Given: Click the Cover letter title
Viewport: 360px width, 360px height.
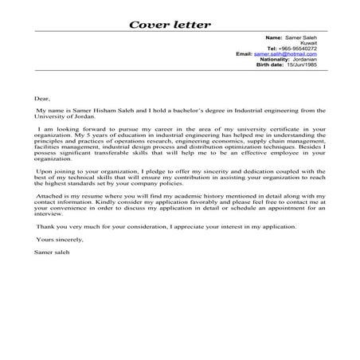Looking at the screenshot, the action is pos(170,24).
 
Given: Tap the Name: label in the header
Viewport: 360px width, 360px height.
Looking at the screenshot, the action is pos(273,37).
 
